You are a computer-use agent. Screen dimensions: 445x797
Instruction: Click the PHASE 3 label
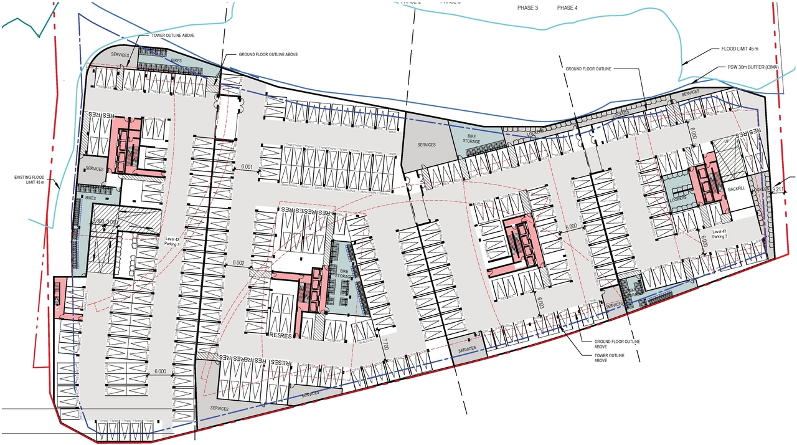[x=527, y=7]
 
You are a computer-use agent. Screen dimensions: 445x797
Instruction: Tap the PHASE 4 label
[x=567, y=7]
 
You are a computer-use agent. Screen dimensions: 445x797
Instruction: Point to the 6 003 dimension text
[x=540, y=304]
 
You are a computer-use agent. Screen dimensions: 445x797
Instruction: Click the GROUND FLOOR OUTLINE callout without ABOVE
[x=588, y=69]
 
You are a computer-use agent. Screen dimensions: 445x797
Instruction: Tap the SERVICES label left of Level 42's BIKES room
[x=120, y=55]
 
